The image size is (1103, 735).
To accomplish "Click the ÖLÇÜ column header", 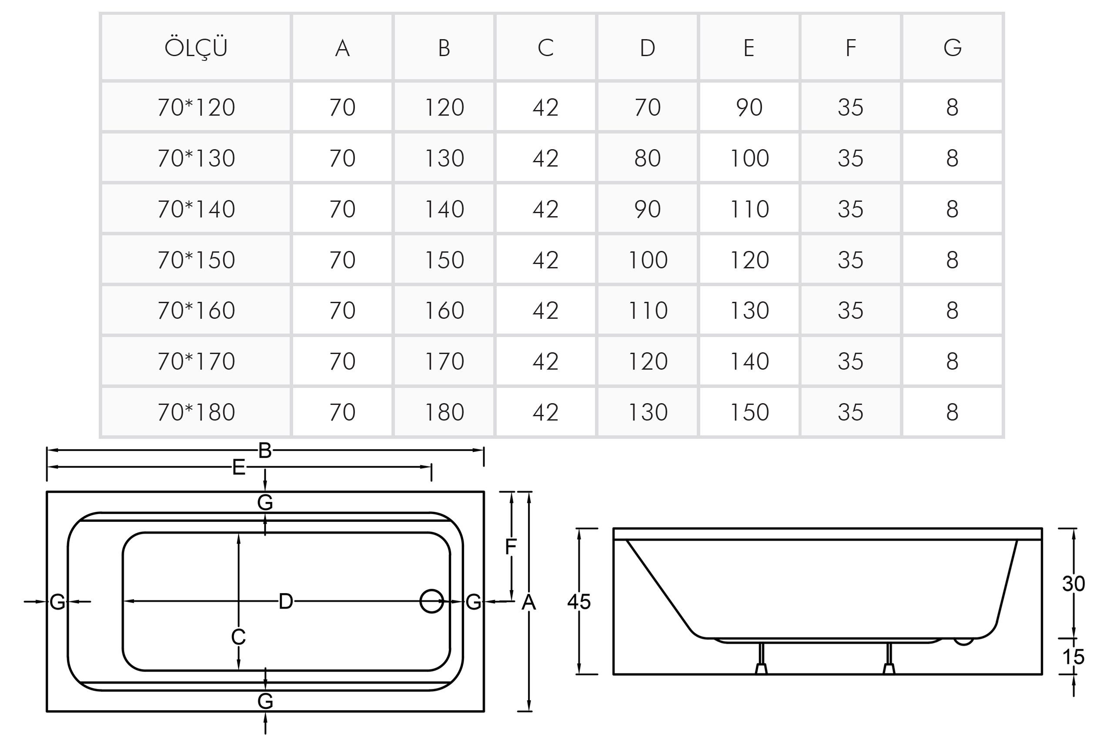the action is [196, 47].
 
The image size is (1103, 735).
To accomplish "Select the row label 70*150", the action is [197, 260].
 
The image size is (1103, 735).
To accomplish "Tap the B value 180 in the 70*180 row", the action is [444, 412].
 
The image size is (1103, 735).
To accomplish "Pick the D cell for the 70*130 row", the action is [647, 158].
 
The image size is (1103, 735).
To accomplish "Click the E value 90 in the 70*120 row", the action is [749, 107].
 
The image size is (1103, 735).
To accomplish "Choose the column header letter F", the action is [851, 47].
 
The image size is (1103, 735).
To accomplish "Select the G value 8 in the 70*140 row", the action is [952, 209].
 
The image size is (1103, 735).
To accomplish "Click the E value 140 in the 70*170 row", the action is [749, 361].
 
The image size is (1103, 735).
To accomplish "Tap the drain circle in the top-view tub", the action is [431, 601].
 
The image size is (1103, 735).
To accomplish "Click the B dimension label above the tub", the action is [265, 451].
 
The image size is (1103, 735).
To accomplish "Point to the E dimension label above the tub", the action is [239, 468].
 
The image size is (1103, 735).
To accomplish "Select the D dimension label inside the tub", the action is [285, 601].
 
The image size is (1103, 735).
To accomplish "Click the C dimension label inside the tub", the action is [238, 637].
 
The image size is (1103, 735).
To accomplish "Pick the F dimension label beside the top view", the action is [511, 547].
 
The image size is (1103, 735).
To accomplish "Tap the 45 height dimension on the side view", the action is [579, 601].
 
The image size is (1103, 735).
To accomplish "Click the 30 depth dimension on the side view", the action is [1073, 584].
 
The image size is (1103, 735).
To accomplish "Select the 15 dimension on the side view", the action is [1073, 657].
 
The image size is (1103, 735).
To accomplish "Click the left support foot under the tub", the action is [761, 658].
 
